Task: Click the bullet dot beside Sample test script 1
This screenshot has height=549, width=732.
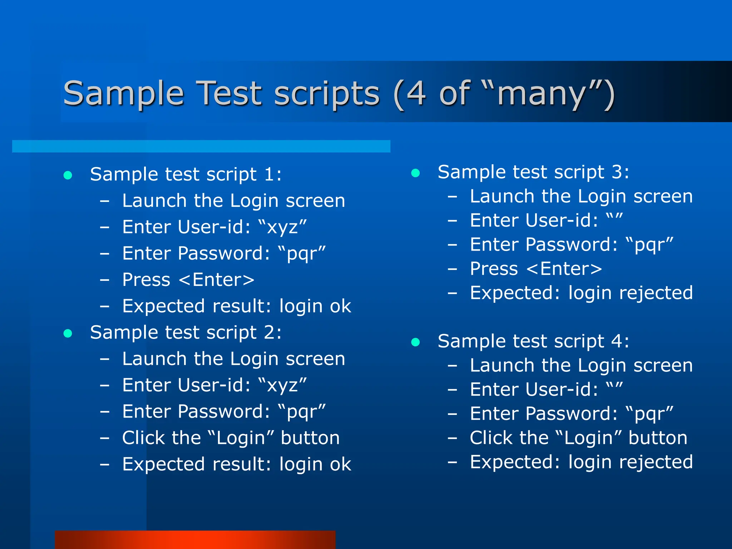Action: pos(68,175)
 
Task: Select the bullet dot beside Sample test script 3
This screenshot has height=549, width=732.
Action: pos(415,173)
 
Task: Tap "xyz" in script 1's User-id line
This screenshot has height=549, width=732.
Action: pos(282,228)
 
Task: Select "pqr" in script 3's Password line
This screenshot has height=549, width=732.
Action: pos(649,245)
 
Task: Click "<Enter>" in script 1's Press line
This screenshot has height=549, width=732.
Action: pos(217,280)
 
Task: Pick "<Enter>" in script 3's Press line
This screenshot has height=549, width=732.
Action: pos(564,269)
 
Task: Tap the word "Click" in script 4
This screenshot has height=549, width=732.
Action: pos(491,438)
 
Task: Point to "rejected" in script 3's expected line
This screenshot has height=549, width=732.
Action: pos(656,293)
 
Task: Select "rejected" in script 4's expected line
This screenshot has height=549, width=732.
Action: pos(656,462)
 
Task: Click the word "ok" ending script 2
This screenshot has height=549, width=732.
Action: pos(340,465)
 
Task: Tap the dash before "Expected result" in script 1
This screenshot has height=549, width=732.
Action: pos(104,306)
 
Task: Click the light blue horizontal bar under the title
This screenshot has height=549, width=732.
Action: pos(201,146)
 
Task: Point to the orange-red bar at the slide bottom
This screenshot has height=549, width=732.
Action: pos(195,540)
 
